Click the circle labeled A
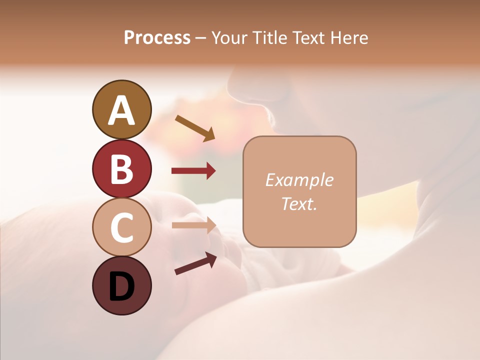pyautogui.click(x=121, y=109)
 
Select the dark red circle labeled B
pyautogui.click(x=121, y=168)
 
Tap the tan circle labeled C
pyautogui.click(x=121, y=227)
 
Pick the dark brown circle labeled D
pyautogui.click(x=121, y=285)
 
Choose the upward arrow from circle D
pyautogui.click(x=195, y=263)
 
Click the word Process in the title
pyautogui.click(x=157, y=38)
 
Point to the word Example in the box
pyautogui.click(x=299, y=180)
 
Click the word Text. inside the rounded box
pyautogui.click(x=299, y=203)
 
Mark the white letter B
pyautogui.click(x=121, y=169)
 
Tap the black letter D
pyautogui.click(x=121, y=286)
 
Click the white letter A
pyautogui.click(x=121, y=110)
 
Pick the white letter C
pyautogui.click(x=121, y=228)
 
